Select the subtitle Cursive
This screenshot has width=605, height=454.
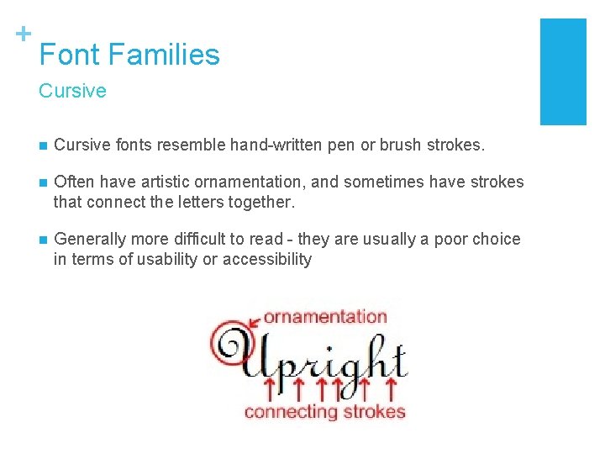click(x=72, y=91)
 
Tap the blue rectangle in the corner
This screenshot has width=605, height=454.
click(x=562, y=71)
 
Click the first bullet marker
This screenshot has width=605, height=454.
click(x=43, y=145)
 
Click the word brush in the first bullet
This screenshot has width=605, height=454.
click(x=402, y=145)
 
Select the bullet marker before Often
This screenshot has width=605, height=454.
click(x=43, y=182)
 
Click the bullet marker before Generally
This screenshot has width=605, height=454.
click(x=43, y=240)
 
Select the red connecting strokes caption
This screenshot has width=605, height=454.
click(x=324, y=411)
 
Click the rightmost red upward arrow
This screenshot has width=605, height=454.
click(x=390, y=388)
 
